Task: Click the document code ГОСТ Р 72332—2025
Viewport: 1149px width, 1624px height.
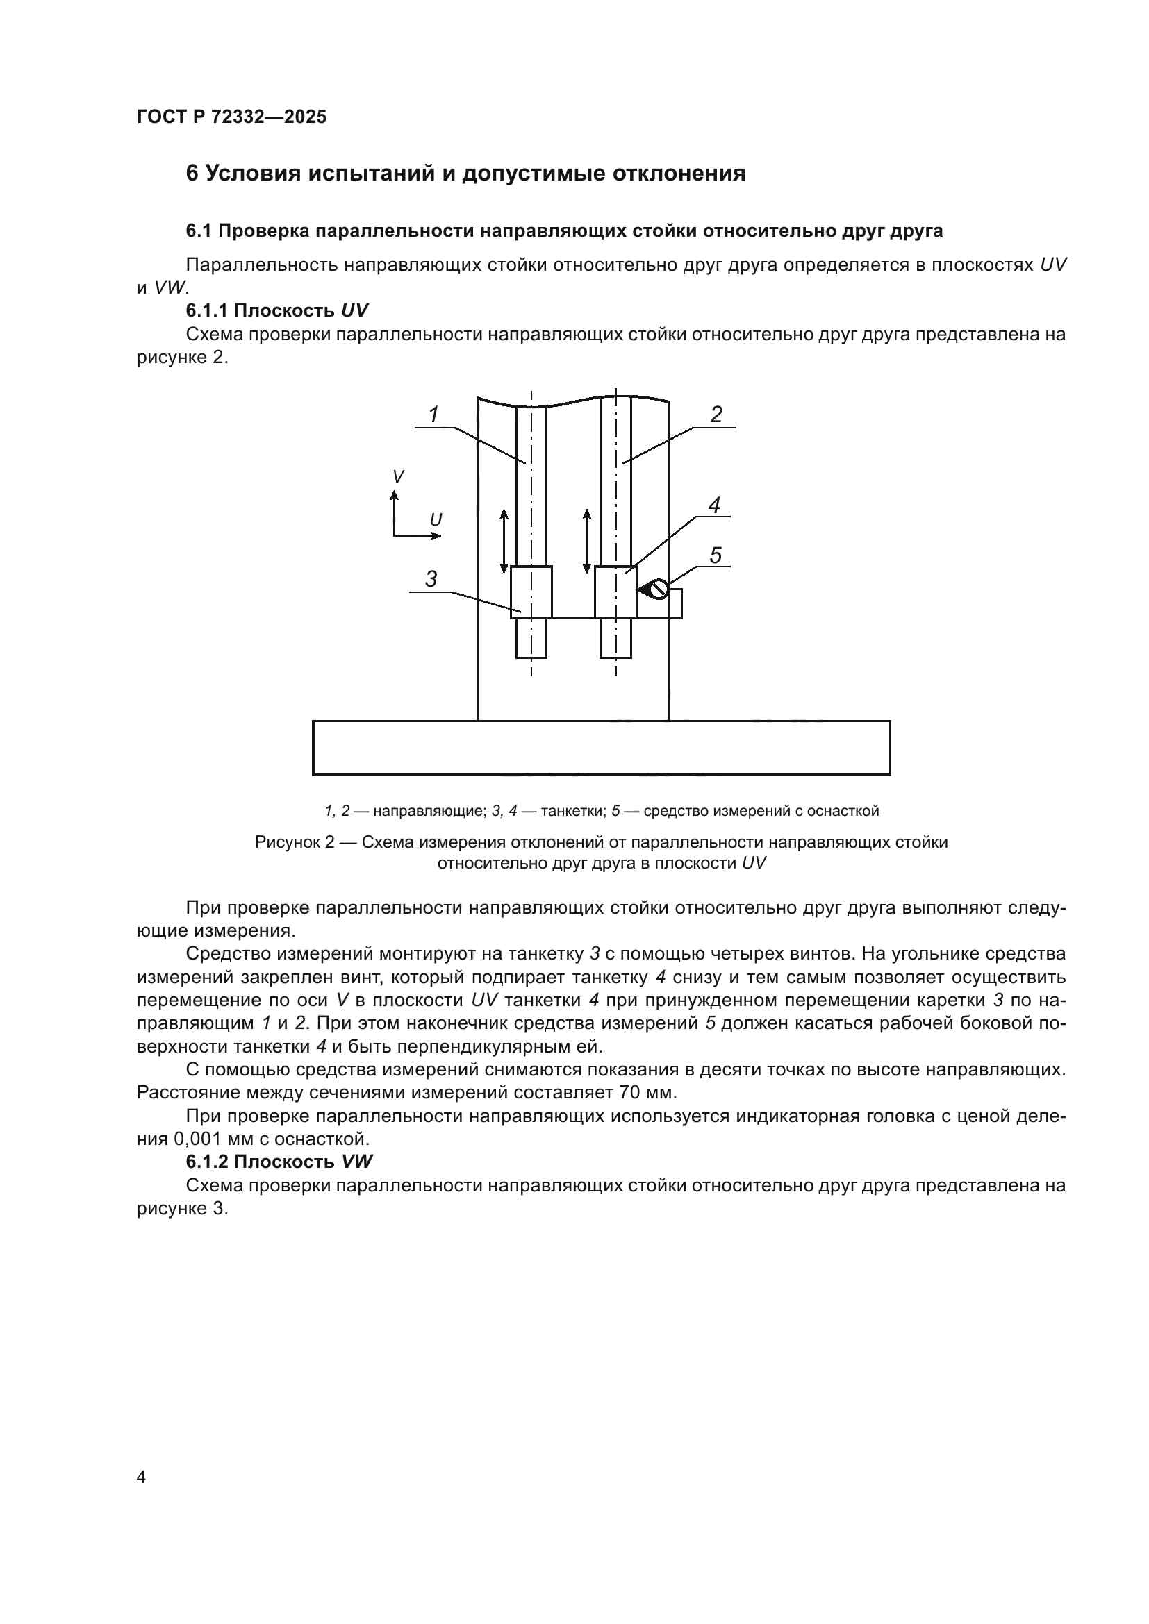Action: click(x=231, y=117)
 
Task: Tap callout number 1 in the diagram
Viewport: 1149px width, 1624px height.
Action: click(x=433, y=415)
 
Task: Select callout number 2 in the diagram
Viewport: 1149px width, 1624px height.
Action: click(x=716, y=415)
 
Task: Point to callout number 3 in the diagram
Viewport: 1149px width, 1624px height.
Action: click(x=431, y=579)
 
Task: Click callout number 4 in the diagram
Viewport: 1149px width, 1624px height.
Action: click(x=714, y=505)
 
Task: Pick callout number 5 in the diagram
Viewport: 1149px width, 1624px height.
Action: click(x=716, y=555)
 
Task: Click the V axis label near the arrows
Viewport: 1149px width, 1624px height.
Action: click(x=398, y=477)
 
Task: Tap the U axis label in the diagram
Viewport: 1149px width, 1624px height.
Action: click(x=436, y=520)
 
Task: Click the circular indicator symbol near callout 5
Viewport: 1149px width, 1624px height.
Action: click(x=659, y=589)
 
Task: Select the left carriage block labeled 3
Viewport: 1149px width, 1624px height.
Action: click(x=531, y=592)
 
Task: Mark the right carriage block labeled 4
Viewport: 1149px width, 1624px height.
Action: click(x=615, y=592)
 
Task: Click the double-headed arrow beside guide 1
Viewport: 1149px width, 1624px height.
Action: click(x=504, y=540)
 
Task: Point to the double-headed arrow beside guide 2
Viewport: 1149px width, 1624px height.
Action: click(x=586, y=540)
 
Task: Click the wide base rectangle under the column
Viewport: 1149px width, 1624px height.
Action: click(x=601, y=748)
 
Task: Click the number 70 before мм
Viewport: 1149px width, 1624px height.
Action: click(x=629, y=1093)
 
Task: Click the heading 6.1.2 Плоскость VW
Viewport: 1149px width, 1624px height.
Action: click(x=279, y=1162)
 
